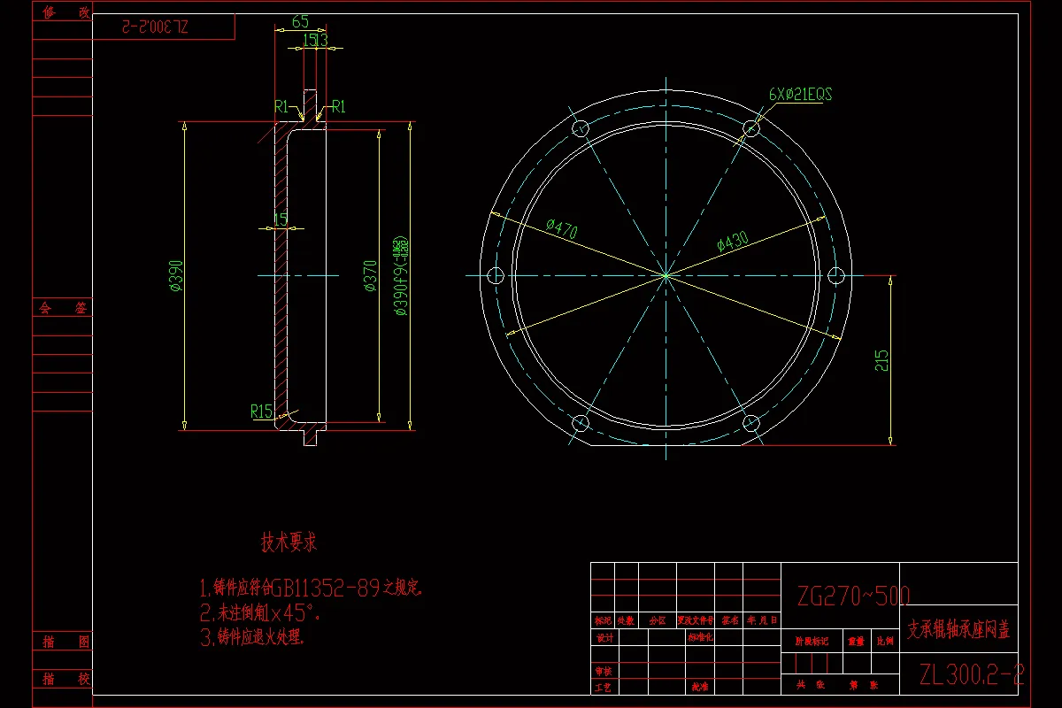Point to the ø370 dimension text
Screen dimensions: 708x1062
coord(371,275)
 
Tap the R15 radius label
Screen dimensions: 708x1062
coord(261,411)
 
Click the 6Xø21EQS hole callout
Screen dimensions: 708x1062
coord(801,95)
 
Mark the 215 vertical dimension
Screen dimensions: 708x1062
coord(881,360)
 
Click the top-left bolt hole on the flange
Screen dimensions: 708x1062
coord(581,128)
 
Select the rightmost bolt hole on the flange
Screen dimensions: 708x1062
coord(836,275)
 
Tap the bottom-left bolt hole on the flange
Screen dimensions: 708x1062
coord(581,422)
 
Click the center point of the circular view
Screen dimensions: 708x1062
coord(666,275)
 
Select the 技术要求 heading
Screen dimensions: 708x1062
coord(289,542)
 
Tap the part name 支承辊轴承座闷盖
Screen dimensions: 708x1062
coord(958,630)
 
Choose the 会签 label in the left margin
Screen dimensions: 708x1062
coord(62,309)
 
